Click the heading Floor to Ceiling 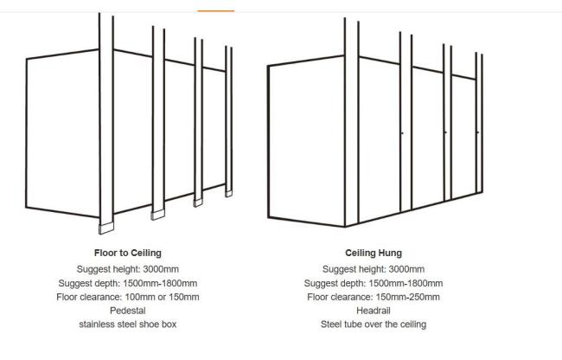pyautogui.click(x=128, y=253)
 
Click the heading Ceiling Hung pyautogui.click(x=374, y=253)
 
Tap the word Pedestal pyautogui.click(x=128, y=311)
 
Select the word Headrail pyautogui.click(x=374, y=311)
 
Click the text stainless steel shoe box pyautogui.click(x=128, y=325)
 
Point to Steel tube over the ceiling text pyautogui.click(x=374, y=325)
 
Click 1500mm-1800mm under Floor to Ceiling pyautogui.click(x=160, y=283)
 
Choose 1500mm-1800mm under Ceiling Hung pyautogui.click(x=406, y=283)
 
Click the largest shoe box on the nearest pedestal pyautogui.click(x=106, y=228)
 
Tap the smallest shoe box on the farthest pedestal pyautogui.click(x=228, y=194)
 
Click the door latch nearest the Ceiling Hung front pyautogui.click(x=402, y=133)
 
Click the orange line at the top pyautogui.click(x=216, y=11)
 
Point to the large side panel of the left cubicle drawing pyautogui.click(x=63, y=133)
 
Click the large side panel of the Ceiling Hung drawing pyautogui.click(x=306, y=141)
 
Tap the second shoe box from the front pyautogui.click(x=158, y=215)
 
